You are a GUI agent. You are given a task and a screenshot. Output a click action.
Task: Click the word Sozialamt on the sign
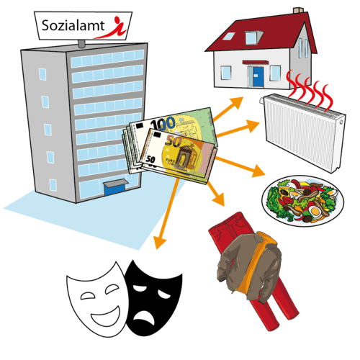[73, 26]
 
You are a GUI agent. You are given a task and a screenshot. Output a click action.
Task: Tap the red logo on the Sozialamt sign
[111, 28]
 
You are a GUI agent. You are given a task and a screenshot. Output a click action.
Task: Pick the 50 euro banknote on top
[179, 155]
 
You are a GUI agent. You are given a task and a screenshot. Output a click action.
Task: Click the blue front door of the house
[258, 76]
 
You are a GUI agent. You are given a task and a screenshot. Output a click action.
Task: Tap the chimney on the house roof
[298, 11]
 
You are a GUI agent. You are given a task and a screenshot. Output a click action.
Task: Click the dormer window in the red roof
[253, 38]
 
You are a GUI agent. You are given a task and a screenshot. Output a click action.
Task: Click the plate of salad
[302, 201]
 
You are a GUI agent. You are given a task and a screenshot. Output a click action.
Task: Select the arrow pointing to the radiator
[238, 130]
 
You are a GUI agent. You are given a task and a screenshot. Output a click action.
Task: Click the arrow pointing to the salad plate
[240, 167]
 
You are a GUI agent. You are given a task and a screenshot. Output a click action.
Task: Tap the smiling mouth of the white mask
[106, 317]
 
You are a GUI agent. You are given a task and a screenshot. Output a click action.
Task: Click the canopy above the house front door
[256, 63]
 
